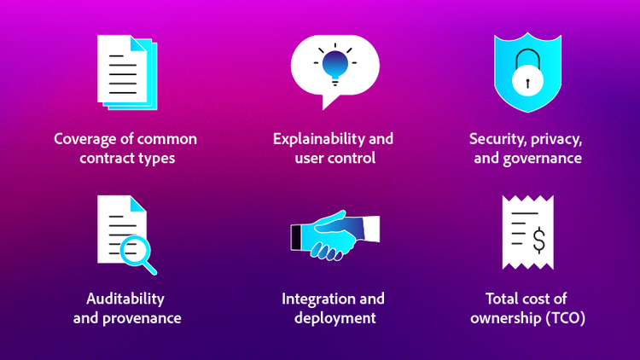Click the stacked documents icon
pyautogui.click(x=126, y=73)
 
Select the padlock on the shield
pyautogui.click(x=527, y=78)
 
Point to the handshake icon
pyautogui.click(x=334, y=235)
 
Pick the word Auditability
pyautogui.click(x=125, y=299)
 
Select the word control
pyautogui.click(x=352, y=159)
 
